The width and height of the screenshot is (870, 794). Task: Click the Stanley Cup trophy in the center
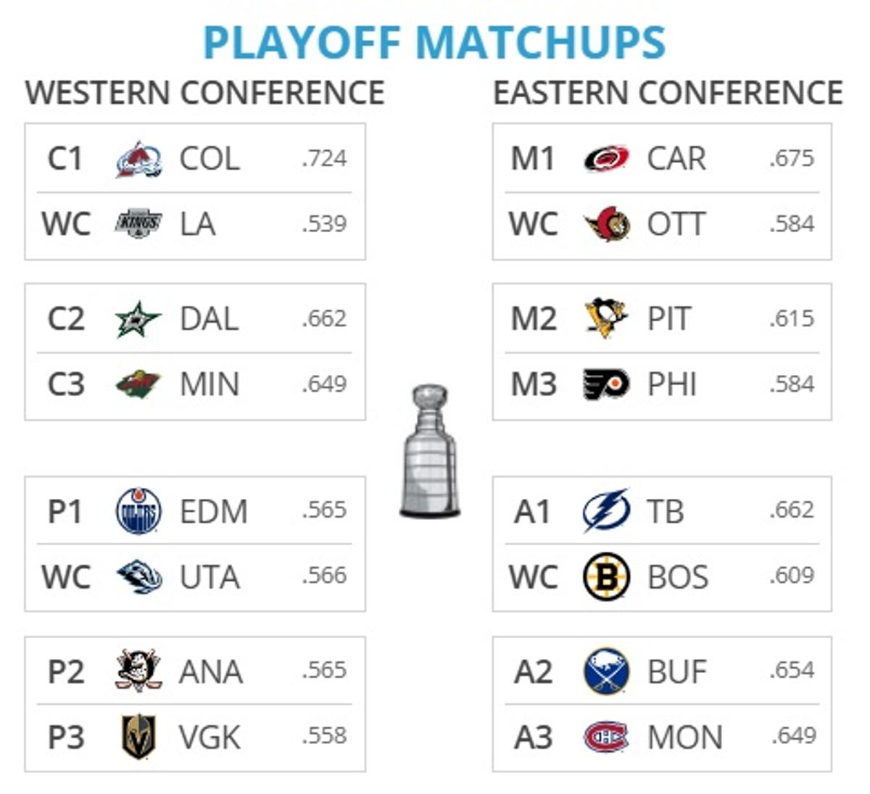point(431,451)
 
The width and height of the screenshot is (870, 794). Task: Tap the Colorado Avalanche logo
point(138,159)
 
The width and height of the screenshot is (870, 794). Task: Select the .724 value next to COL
point(324,158)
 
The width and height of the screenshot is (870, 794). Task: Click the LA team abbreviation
point(197,224)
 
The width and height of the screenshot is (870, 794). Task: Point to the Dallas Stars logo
point(138,319)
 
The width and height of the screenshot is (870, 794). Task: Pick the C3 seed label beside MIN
point(65,384)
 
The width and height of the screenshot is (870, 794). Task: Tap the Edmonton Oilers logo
point(138,511)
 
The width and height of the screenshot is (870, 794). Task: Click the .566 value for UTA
point(324,576)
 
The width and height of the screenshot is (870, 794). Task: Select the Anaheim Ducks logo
point(138,671)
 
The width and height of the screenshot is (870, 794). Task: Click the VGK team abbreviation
point(210,737)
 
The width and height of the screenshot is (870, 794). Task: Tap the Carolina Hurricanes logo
point(606,159)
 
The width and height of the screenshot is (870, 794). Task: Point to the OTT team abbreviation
point(676,224)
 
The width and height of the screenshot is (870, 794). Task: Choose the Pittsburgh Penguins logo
point(606,318)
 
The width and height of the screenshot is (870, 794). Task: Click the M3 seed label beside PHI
point(534,384)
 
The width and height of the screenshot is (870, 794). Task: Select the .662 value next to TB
point(792,510)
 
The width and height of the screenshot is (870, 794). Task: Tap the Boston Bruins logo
point(606,577)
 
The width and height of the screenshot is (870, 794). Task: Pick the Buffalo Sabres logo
point(606,671)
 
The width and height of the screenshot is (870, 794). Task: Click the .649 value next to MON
point(793,735)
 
